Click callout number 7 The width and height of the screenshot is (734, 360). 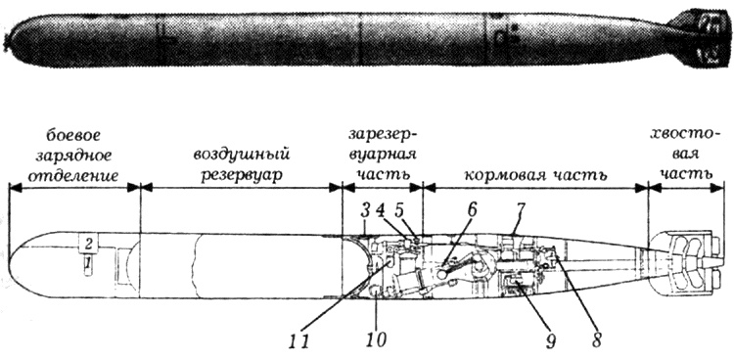(521, 210)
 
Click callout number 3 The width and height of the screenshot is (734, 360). (364, 209)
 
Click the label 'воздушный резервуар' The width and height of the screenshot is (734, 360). (243, 166)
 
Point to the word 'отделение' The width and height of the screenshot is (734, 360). (73, 176)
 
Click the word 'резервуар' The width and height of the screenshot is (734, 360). (243, 177)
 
